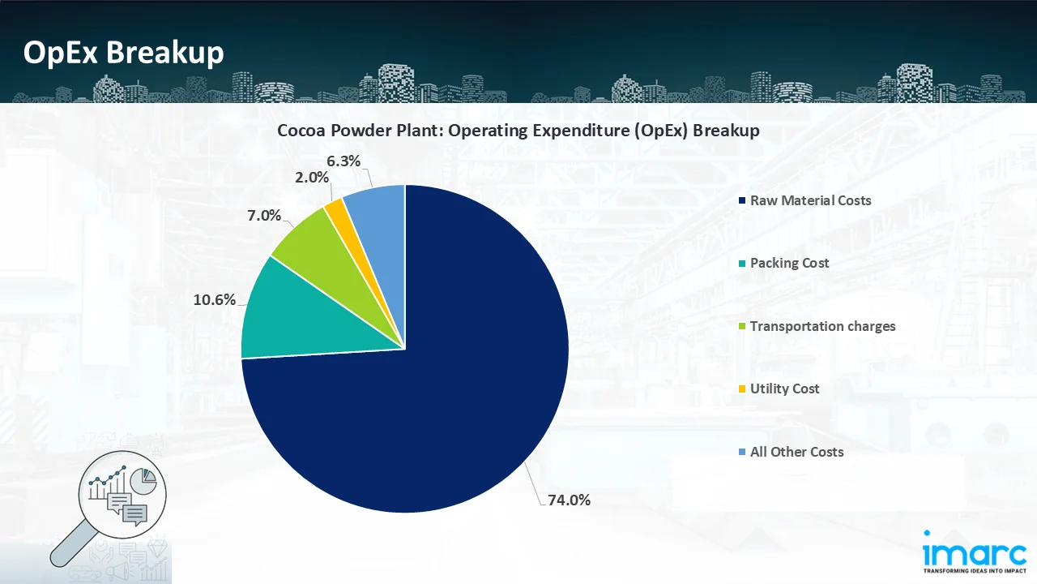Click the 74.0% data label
tap(569, 500)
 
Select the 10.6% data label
tap(215, 299)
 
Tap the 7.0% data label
tap(265, 215)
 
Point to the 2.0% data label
tap(312, 177)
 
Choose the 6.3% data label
tap(344, 161)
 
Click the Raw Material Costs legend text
tap(810, 200)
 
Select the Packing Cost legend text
tap(789, 263)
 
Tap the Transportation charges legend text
tap(822, 326)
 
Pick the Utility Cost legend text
tap(784, 389)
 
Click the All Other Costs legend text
tap(796, 452)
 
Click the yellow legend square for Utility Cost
tap(741, 389)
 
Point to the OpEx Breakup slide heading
tap(123, 53)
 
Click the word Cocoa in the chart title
tap(301, 131)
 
